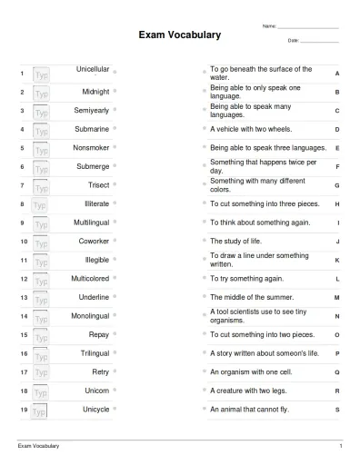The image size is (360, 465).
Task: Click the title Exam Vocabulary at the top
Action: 179,35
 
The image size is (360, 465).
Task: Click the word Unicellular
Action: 93,69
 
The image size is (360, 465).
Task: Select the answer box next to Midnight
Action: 42,93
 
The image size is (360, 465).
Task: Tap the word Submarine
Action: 92,129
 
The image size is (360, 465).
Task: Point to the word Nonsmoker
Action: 91,147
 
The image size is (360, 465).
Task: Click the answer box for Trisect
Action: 42,186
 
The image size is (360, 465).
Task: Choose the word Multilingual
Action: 91,223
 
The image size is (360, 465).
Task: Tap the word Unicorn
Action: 96,391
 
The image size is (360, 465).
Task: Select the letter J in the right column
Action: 337,242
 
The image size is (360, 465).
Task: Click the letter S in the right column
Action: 337,410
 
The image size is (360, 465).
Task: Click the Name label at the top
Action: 268,25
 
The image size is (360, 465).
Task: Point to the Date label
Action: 293,41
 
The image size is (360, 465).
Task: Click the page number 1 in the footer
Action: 340,447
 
